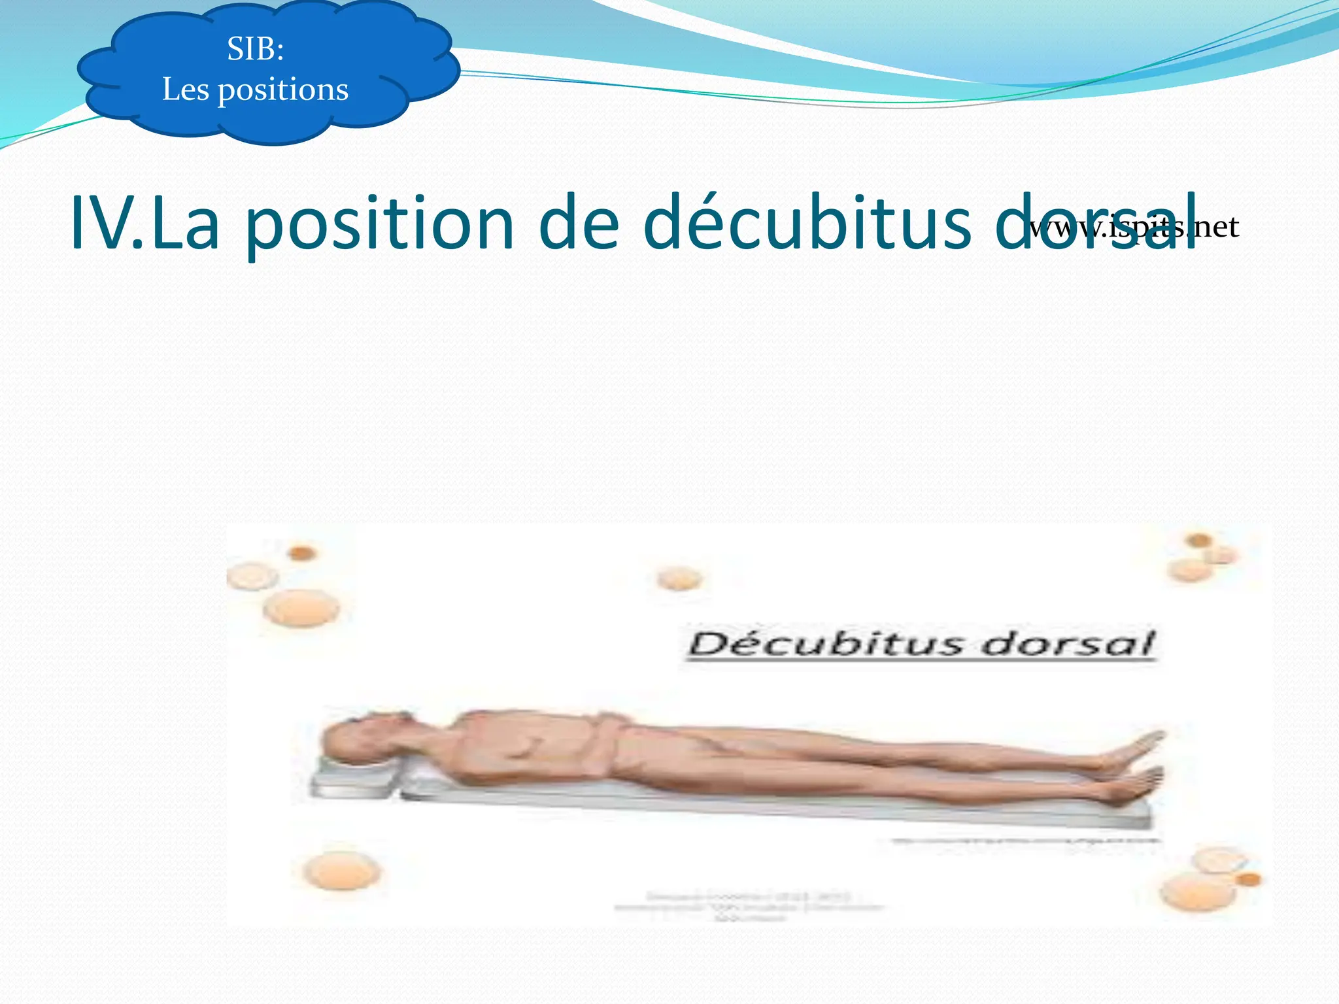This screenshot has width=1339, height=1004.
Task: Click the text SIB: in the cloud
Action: (256, 49)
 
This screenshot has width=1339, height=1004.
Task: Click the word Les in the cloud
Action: (185, 90)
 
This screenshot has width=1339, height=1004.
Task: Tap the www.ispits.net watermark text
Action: (1134, 227)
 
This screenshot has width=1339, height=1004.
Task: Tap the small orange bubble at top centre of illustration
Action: (679, 578)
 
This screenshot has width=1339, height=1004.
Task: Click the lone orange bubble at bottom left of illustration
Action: (341, 871)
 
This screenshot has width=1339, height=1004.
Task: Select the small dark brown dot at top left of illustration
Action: (301, 553)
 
